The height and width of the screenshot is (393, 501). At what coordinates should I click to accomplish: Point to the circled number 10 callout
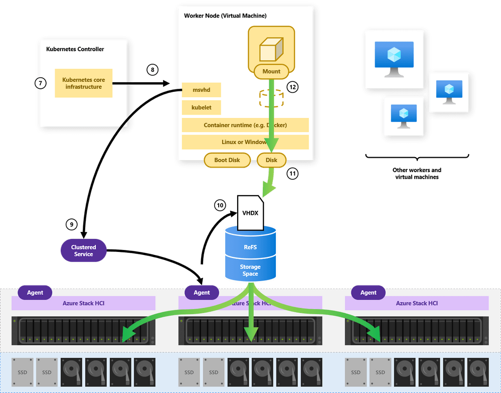click(220, 205)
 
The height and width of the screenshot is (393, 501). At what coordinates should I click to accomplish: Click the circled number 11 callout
click(292, 174)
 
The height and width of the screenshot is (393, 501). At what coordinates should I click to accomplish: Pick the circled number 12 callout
click(292, 87)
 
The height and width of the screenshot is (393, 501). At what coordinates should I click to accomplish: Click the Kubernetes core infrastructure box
click(83, 83)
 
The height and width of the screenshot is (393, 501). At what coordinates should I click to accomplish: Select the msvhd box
click(201, 90)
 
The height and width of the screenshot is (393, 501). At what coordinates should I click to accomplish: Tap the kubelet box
click(201, 107)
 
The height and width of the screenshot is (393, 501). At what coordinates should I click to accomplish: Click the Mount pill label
click(271, 71)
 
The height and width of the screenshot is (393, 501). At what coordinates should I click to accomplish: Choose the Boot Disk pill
click(227, 160)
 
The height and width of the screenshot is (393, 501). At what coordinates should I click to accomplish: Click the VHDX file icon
click(250, 213)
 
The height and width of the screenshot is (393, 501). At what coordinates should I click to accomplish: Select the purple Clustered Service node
click(83, 250)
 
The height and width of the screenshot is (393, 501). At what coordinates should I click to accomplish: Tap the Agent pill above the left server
click(35, 293)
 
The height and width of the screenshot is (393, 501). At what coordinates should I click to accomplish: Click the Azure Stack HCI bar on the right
click(417, 303)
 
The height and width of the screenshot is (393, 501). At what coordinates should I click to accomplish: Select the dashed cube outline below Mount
click(271, 97)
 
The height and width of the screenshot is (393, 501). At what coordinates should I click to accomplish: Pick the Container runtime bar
click(245, 125)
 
